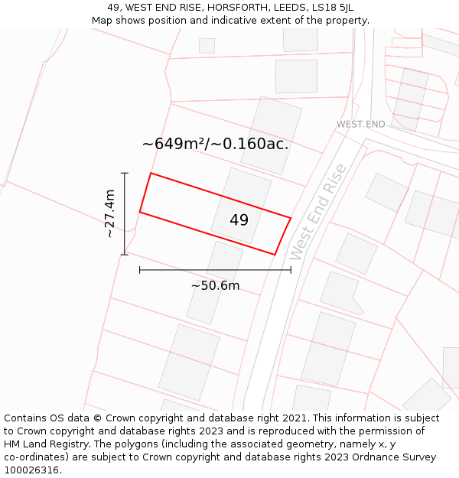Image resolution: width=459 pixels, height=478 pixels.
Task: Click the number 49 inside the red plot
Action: click(x=239, y=220)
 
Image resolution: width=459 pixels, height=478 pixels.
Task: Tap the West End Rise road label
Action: click(x=318, y=212)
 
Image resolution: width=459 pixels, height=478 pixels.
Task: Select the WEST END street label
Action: click(x=361, y=124)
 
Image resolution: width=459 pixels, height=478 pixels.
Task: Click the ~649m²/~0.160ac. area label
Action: click(x=216, y=144)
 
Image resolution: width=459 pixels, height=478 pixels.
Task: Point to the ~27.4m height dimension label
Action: click(x=110, y=213)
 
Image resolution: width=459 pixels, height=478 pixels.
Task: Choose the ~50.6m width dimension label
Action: click(x=215, y=286)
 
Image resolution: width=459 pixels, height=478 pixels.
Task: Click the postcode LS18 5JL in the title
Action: click(x=337, y=8)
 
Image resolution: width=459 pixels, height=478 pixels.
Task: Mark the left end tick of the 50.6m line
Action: click(x=139, y=269)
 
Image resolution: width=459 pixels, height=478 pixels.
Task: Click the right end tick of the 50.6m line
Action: click(x=291, y=269)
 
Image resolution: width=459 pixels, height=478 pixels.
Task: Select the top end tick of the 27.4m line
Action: click(x=125, y=173)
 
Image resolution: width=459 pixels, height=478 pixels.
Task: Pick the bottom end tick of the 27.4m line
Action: click(x=125, y=255)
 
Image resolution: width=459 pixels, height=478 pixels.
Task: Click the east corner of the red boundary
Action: click(x=291, y=218)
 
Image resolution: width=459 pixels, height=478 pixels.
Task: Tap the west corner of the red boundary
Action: click(x=139, y=212)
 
